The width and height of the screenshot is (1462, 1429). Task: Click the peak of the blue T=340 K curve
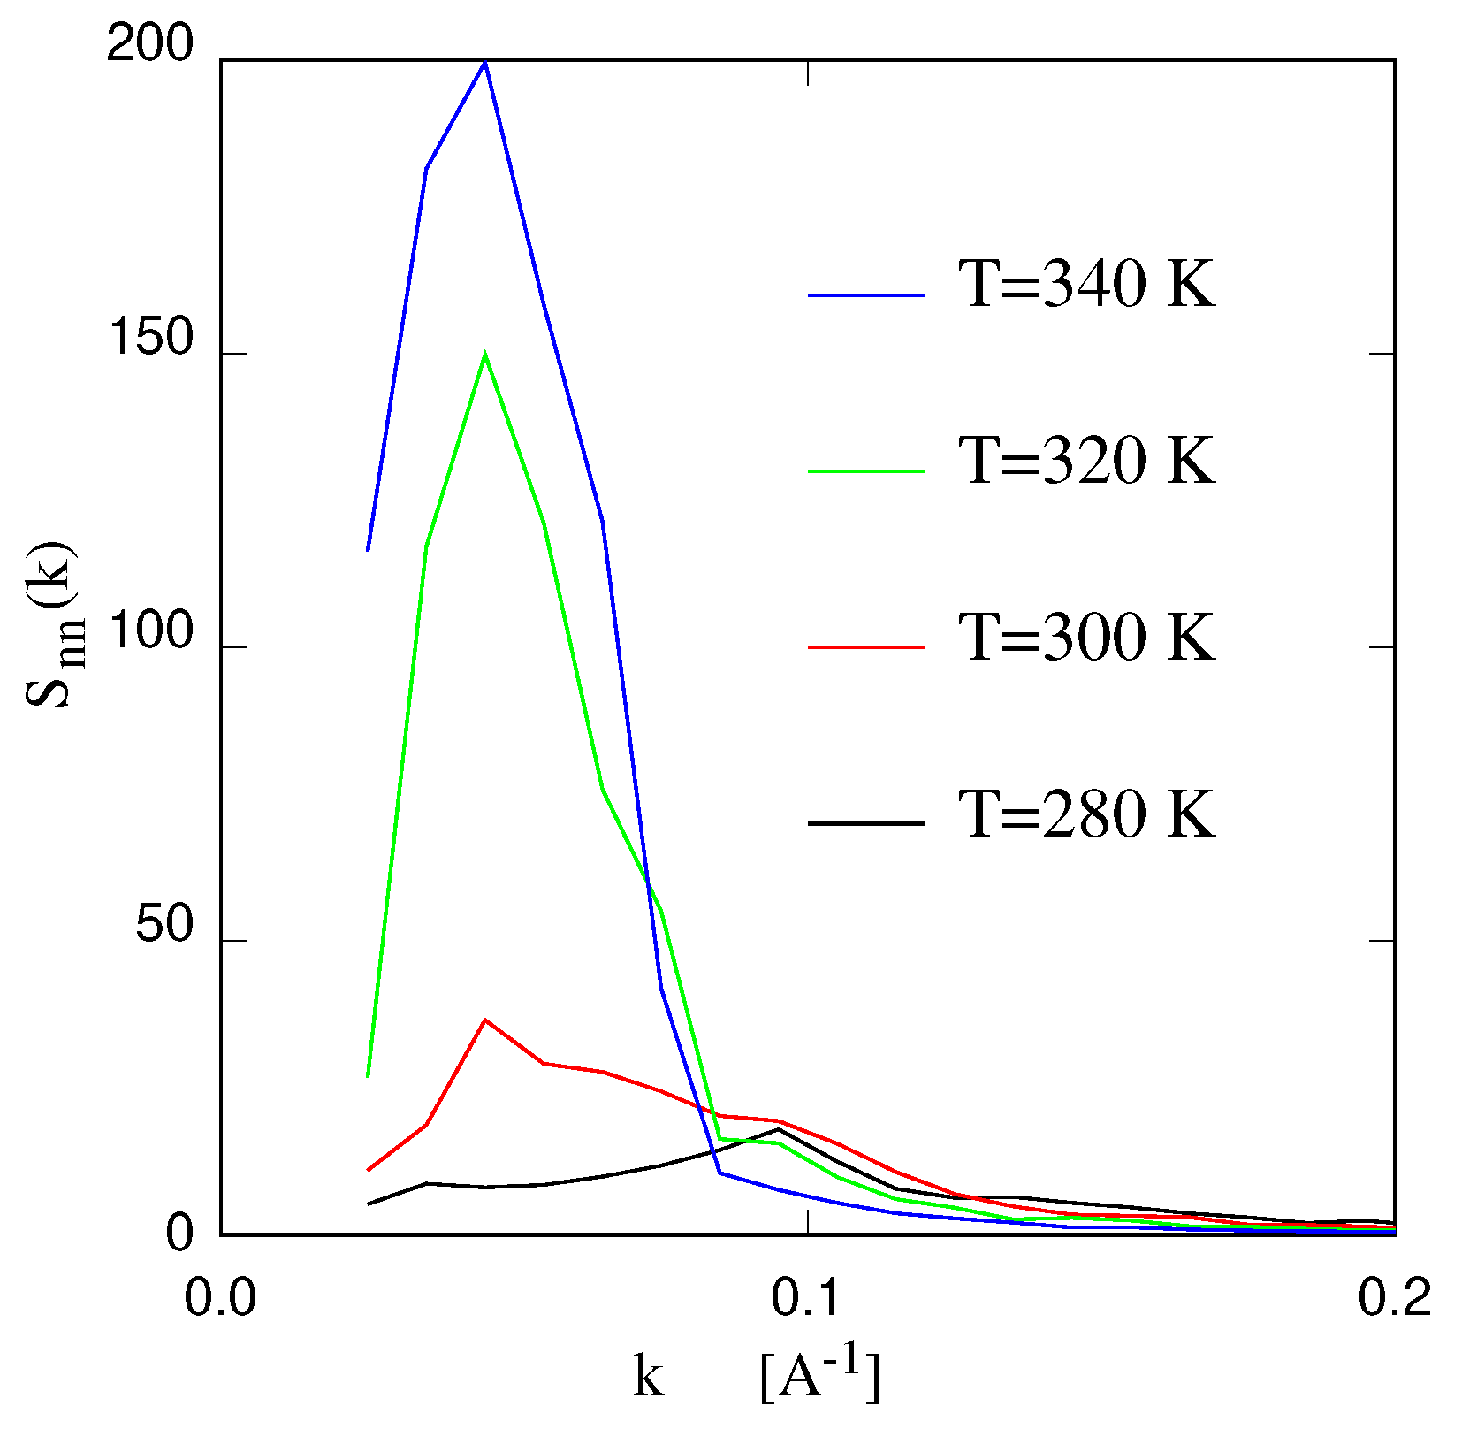click(x=484, y=63)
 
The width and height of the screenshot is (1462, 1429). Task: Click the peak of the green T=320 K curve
click(x=484, y=355)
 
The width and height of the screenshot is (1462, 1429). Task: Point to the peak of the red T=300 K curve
click(x=484, y=1020)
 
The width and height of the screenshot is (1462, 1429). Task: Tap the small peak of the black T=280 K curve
click(x=779, y=1128)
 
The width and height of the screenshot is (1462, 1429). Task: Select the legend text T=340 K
click(x=1087, y=285)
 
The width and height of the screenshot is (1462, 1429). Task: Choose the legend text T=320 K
click(x=1087, y=461)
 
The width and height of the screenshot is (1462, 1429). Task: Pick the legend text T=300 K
click(x=1087, y=637)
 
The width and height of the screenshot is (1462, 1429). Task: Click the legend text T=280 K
click(x=1087, y=814)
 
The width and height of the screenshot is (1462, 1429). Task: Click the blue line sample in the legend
click(x=866, y=294)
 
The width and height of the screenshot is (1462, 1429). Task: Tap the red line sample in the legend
click(x=866, y=647)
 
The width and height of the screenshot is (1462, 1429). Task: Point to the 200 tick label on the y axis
click(x=149, y=44)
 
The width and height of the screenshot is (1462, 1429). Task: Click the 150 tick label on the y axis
click(x=149, y=338)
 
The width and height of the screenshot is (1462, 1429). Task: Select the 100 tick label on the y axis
click(x=149, y=632)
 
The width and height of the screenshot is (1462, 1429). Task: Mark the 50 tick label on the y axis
click(x=164, y=926)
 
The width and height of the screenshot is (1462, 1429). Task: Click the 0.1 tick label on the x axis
click(x=807, y=1299)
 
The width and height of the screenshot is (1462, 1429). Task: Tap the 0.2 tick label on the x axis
click(x=1394, y=1299)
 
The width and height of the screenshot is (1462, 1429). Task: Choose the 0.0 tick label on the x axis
click(x=220, y=1299)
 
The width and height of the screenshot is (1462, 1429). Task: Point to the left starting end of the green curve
click(x=368, y=1076)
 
